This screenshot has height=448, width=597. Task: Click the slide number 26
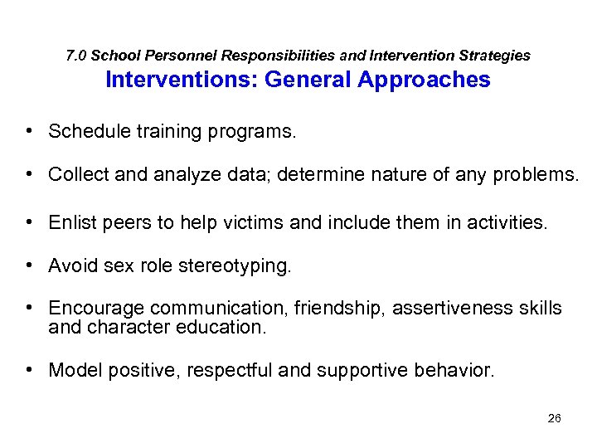point(555,418)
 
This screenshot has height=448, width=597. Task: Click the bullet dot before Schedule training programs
point(28,131)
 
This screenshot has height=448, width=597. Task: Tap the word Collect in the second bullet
point(75,174)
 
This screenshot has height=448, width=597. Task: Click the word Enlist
point(71,222)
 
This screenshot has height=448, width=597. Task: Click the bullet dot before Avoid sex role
point(28,265)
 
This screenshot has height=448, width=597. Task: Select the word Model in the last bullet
point(71,370)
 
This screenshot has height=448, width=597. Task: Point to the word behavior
point(457,370)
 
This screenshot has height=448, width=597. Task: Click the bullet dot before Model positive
point(28,369)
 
